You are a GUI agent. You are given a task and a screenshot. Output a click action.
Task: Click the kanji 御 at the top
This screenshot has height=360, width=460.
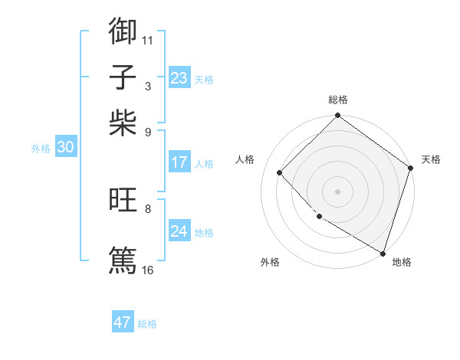tap(123, 31)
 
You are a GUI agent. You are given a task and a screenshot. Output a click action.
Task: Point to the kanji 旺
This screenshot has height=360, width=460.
tap(123, 201)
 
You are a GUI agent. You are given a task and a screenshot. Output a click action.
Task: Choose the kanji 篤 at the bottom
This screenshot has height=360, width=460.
tap(123, 259)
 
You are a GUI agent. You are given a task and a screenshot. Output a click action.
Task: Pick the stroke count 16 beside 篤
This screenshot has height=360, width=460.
tap(148, 270)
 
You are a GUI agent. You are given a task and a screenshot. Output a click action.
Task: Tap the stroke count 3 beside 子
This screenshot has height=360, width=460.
tap(148, 87)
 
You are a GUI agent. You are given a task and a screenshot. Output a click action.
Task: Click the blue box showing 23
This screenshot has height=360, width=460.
tap(179, 78)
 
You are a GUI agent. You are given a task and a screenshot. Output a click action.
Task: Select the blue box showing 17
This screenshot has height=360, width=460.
tap(179, 162)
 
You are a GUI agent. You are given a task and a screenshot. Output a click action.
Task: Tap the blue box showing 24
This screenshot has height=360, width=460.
tap(179, 231)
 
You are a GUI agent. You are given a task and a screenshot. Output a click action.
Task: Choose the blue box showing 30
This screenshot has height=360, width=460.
tap(65, 148)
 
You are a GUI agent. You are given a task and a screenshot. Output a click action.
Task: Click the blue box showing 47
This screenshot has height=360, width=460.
tap(123, 322)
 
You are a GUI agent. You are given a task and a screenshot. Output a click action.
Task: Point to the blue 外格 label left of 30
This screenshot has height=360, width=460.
tap(41, 149)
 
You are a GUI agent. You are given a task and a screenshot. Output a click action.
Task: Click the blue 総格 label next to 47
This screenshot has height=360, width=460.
tap(147, 324)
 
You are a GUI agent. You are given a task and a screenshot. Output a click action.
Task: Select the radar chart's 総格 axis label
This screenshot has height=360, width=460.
tap(338, 100)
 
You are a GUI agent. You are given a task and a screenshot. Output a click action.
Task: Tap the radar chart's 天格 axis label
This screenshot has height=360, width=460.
tap(431, 159)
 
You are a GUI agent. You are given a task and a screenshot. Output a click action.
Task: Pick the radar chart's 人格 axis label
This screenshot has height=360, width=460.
tap(245, 159)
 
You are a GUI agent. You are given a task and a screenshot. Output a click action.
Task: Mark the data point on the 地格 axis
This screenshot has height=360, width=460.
tap(383, 253)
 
